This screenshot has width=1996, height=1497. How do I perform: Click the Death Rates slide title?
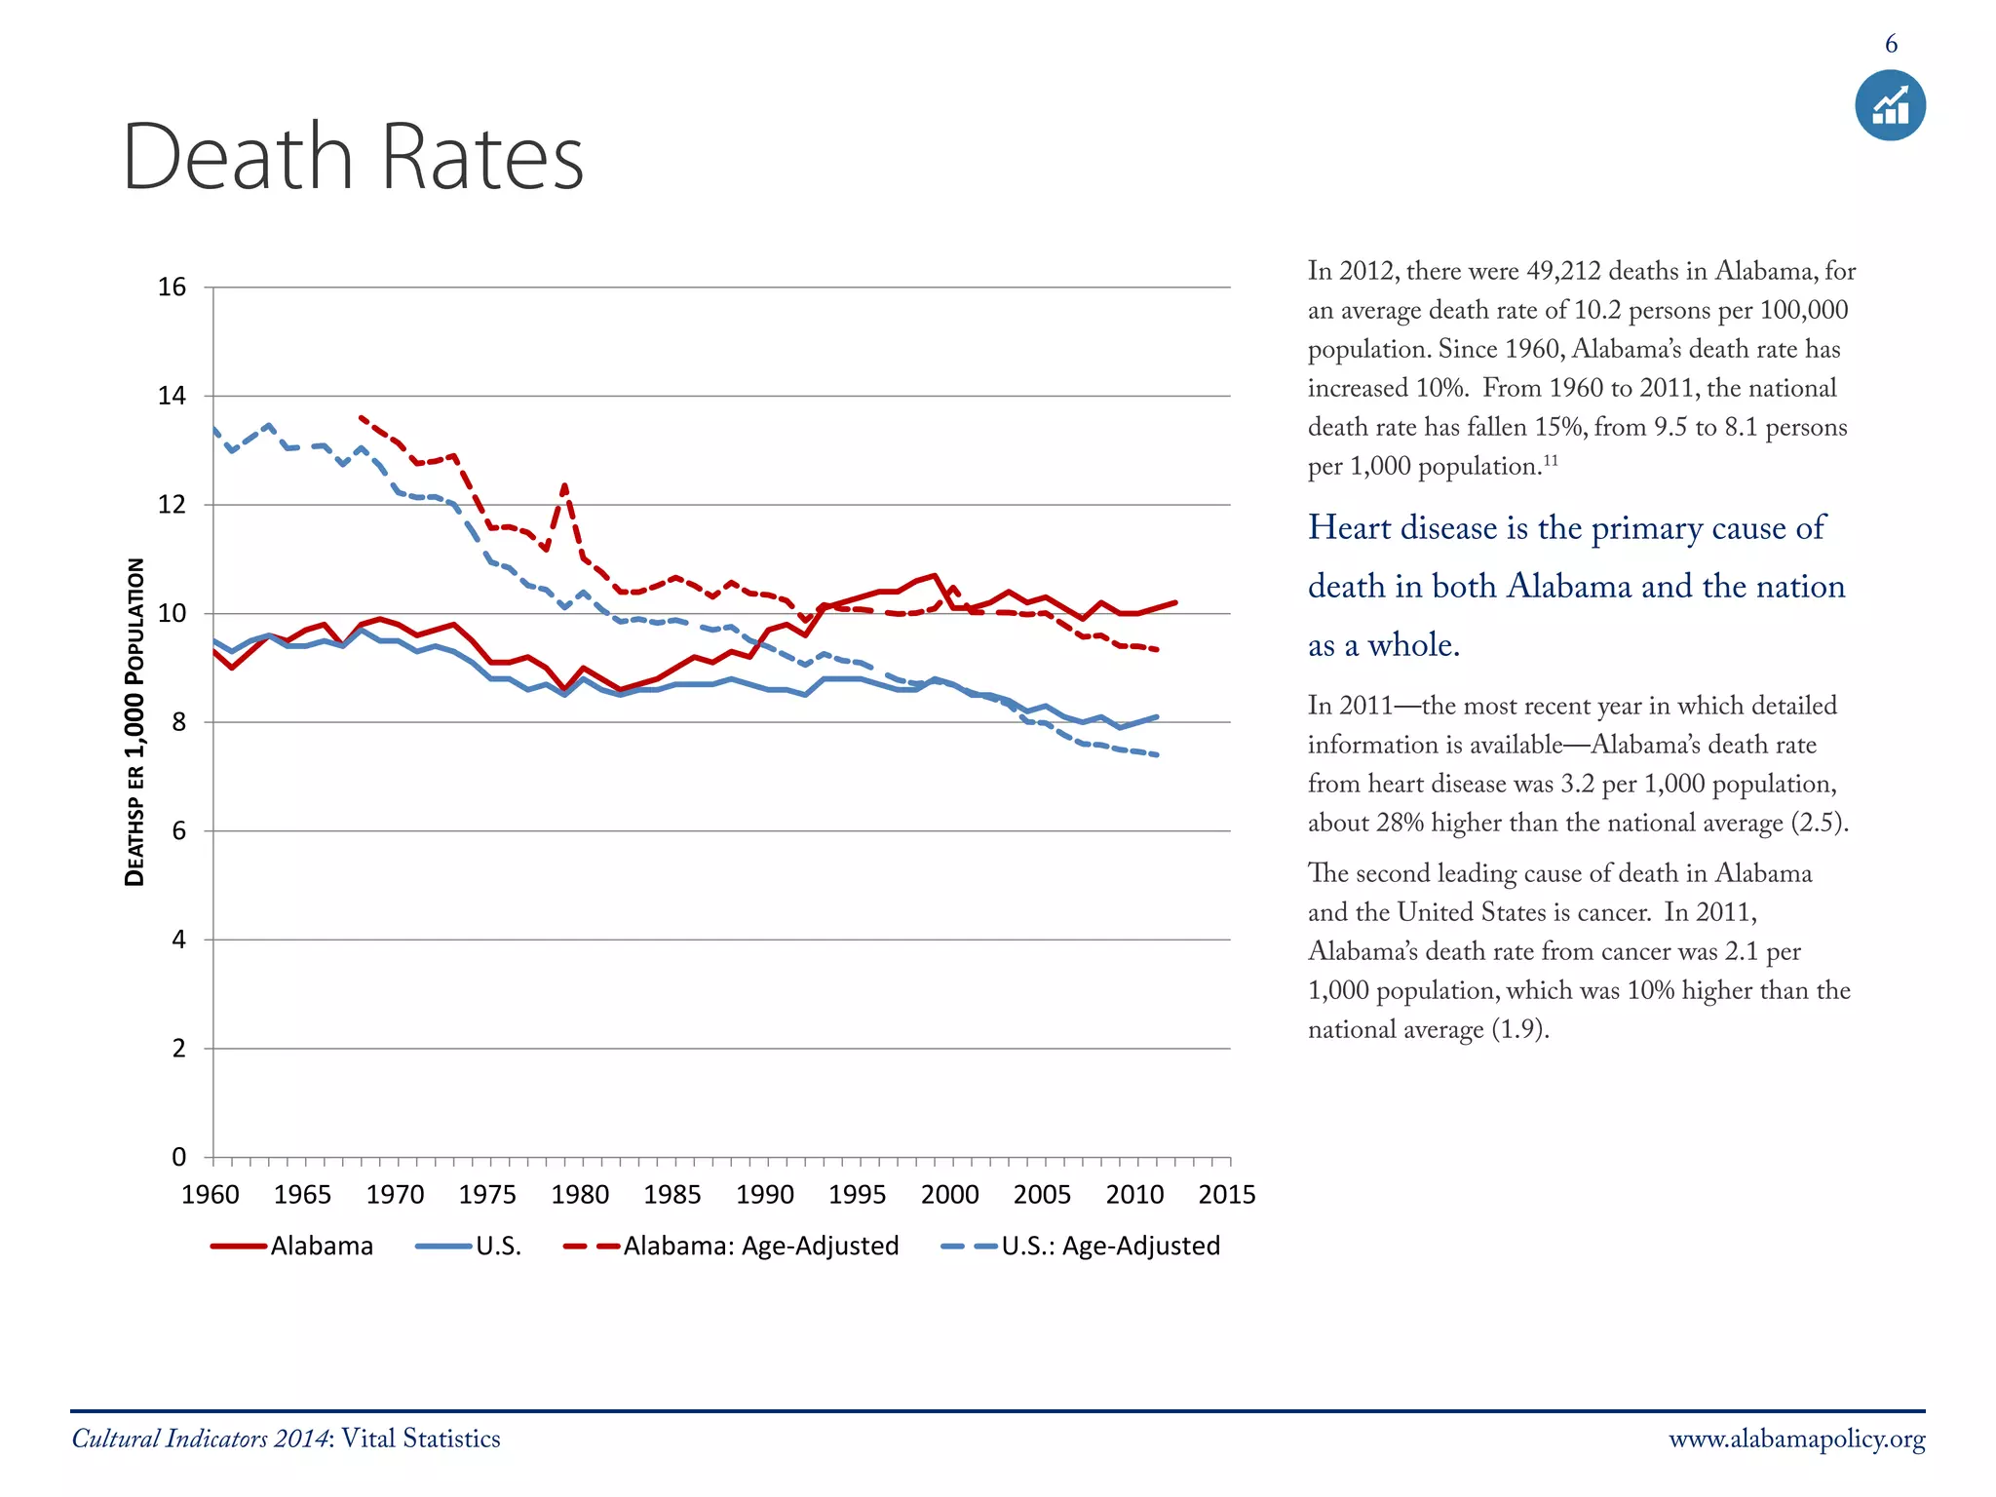(353, 158)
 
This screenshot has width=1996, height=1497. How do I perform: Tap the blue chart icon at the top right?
(1890, 105)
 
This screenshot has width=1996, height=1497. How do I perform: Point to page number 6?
(1891, 44)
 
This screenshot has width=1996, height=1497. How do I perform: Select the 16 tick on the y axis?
(173, 288)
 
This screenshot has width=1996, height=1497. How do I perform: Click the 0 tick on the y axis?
(179, 1157)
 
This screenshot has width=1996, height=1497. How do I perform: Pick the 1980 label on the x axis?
(580, 1195)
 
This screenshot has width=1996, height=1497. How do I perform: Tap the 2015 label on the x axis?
(1226, 1195)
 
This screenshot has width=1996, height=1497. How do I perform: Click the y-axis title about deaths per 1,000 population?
(135, 721)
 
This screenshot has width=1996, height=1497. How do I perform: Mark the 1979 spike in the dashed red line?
(564, 484)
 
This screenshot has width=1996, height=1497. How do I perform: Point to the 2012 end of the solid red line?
(1175, 602)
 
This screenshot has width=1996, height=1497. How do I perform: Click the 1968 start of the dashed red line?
(362, 417)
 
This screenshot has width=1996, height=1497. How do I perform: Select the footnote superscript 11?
(1550, 459)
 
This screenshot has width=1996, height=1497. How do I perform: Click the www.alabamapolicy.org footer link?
(1796, 1439)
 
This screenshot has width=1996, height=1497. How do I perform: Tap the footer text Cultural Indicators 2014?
(200, 1439)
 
